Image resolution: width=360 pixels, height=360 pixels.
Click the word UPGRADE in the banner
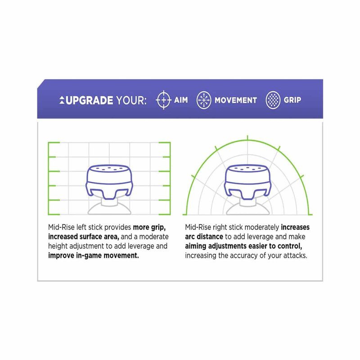pos(89,100)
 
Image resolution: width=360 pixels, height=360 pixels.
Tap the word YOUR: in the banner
pos(131,100)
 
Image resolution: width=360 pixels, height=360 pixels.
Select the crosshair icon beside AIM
pos(163,100)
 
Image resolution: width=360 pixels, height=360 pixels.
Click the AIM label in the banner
pos(181,100)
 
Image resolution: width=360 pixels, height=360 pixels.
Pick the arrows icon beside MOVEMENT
pos(204,100)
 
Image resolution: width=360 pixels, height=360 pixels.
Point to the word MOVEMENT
pos(236,100)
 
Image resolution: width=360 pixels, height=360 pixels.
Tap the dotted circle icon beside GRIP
pos(273,100)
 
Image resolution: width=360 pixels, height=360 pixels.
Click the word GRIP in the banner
pos(292,100)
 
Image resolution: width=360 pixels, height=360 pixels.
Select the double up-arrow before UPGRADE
pos(62,100)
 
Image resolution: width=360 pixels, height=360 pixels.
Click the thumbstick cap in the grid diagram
pos(109,181)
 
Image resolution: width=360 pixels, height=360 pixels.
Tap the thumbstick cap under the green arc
pos(247,181)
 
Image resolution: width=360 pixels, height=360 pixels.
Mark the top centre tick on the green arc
pos(247,138)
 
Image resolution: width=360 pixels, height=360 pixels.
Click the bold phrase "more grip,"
pos(149,227)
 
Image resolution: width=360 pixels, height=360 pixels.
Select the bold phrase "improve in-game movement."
pos(94,256)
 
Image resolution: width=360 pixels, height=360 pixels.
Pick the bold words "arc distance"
pos(204,237)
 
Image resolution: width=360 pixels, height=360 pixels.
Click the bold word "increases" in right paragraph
pos(295,227)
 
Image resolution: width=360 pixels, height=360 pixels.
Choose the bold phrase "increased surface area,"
pos(84,237)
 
